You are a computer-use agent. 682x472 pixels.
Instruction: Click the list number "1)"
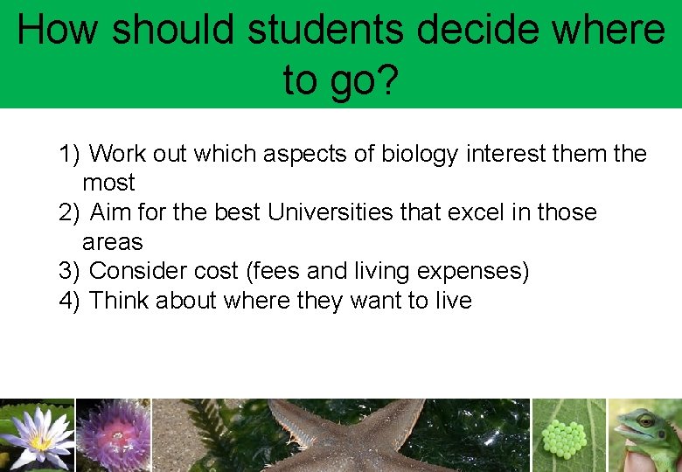point(69,155)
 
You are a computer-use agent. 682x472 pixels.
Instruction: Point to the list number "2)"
point(69,212)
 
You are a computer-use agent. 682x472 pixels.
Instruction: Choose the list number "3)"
point(69,272)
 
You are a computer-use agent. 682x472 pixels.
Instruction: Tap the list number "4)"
point(69,301)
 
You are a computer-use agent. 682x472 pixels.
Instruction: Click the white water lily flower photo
point(38,435)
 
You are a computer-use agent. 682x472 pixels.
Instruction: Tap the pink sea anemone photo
point(114,435)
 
